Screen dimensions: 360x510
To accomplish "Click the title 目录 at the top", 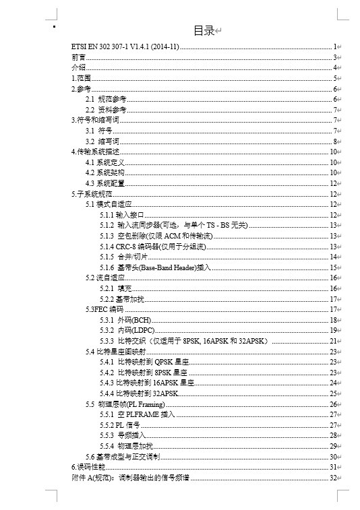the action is [204, 30].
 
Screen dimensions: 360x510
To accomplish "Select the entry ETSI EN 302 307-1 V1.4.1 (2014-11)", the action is [125, 46].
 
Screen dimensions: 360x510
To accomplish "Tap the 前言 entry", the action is [78, 57].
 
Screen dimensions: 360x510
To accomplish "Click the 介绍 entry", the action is [78, 67].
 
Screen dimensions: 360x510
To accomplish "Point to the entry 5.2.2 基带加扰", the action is [121, 298].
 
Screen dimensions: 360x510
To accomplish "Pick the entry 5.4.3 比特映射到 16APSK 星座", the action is [146, 383].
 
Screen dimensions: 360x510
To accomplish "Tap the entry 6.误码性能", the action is [89, 467].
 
